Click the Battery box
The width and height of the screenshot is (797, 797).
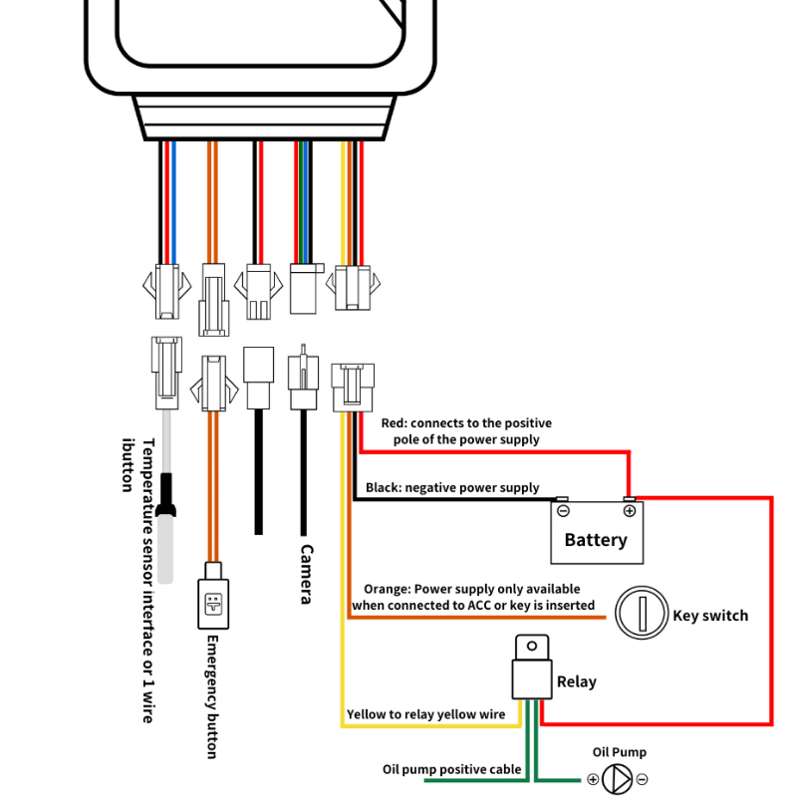tap(596, 532)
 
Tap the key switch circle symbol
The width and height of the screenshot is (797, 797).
tap(640, 614)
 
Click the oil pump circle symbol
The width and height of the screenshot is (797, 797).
tap(618, 779)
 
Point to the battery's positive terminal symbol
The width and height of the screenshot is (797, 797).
tap(630, 511)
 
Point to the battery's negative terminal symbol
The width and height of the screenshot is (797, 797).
tap(563, 511)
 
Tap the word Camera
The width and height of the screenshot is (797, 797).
tap(307, 574)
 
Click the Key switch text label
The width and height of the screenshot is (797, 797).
tap(710, 615)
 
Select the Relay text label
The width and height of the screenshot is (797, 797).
tap(577, 682)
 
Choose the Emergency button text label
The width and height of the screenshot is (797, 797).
tap(211, 697)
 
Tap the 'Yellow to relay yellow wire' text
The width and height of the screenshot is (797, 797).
tap(425, 714)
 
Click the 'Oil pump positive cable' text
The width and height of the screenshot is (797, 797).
tap(453, 769)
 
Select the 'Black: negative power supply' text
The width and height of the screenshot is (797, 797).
tap(452, 488)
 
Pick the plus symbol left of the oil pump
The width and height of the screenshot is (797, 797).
tap(593, 779)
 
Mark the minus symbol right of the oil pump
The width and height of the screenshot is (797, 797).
tap(643, 779)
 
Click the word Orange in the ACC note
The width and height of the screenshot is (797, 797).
tap(386, 589)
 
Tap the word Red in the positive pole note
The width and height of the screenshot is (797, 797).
tap(394, 423)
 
